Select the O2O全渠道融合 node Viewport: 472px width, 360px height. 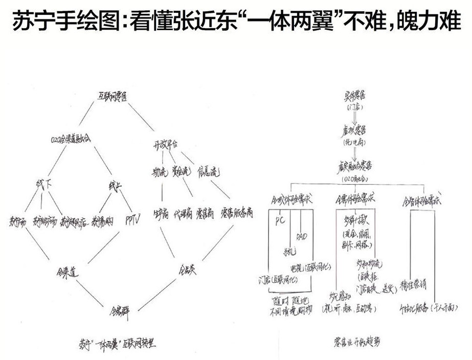coord(72,139)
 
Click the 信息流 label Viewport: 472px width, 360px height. coord(208,173)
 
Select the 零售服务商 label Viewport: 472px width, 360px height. coord(237,213)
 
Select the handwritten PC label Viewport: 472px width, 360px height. coord(280,221)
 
